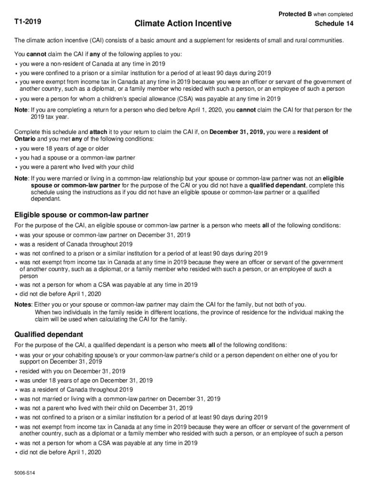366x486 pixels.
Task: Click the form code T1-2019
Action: click(x=28, y=22)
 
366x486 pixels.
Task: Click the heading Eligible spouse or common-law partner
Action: click(x=81, y=215)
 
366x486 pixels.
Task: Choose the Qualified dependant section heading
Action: click(x=49, y=334)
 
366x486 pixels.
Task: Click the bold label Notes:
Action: click(x=23, y=304)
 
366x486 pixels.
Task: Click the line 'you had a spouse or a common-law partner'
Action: click(x=77, y=158)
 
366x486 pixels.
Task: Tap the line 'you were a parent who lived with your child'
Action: click(x=77, y=167)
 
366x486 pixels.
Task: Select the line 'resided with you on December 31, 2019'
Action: click(x=72, y=371)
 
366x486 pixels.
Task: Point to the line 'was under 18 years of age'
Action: click(x=86, y=380)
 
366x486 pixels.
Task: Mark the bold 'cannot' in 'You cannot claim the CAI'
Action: click(x=36, y=54)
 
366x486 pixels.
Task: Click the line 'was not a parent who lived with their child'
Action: click(x=106, y=408)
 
